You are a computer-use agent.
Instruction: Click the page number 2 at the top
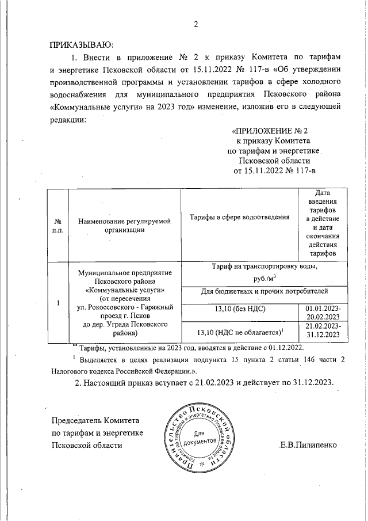(x=195, y=24)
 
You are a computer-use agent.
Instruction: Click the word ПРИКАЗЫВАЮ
(x=81, y=44)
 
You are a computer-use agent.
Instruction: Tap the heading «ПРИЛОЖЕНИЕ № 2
(x=269, y=130)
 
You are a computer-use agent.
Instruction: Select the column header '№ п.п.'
(x=57, y=225)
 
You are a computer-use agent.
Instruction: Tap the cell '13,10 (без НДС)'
(x=239, y=311)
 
